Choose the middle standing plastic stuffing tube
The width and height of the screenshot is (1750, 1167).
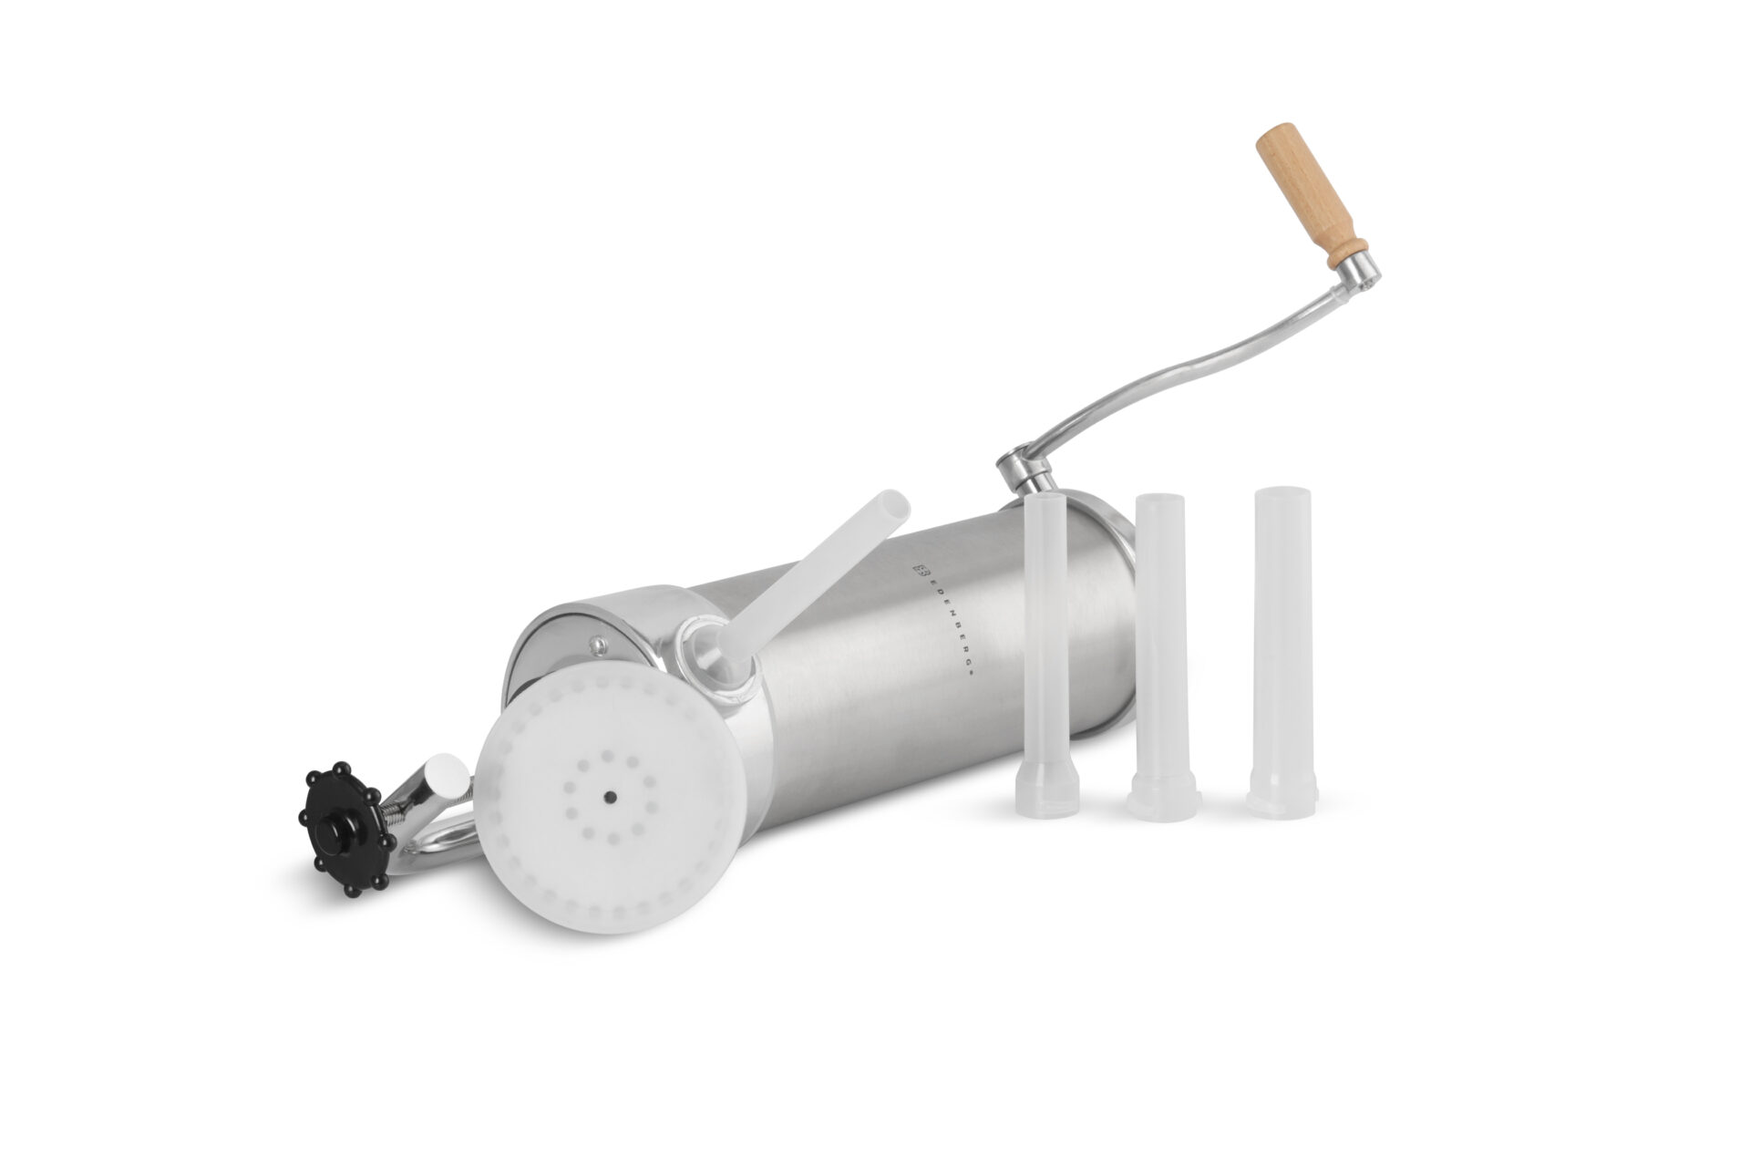(x=1164, y=656)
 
